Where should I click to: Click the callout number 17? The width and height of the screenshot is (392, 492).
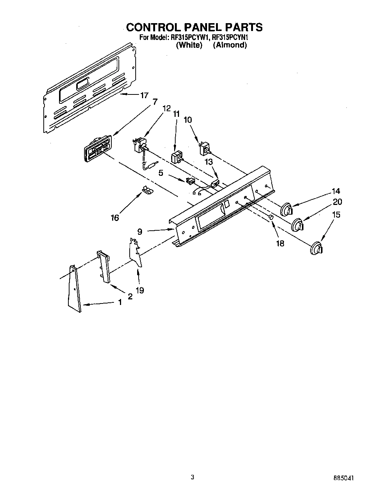[145, 95]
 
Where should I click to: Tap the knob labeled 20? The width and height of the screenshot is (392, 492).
[297, 225]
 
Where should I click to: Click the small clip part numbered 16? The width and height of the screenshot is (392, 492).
[147, 190]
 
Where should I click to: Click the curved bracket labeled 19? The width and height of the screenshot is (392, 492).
[136, 254]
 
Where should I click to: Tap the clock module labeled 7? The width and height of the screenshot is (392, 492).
[97, 149]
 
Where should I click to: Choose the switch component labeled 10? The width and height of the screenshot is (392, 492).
[205, 149]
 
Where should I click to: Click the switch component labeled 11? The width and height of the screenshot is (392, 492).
[177, 157]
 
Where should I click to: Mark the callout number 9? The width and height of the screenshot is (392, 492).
[140, 232]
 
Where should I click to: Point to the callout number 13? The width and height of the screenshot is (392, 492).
[209, 162]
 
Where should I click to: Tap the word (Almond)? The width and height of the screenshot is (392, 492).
[230, 45]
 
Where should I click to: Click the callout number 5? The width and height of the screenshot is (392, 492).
[161, 173]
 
